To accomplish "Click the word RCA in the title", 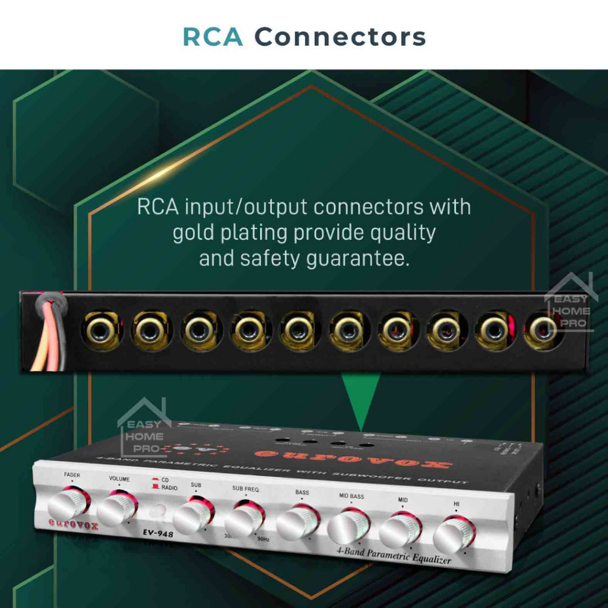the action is [x=213, y=37].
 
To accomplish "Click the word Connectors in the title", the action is [x=340, y=37].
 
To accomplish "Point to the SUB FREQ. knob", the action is [x=244, y=518].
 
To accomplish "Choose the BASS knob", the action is [x=297, y=522].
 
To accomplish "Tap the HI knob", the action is [x=453, y=534].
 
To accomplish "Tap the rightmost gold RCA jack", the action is [x=541, y=330].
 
